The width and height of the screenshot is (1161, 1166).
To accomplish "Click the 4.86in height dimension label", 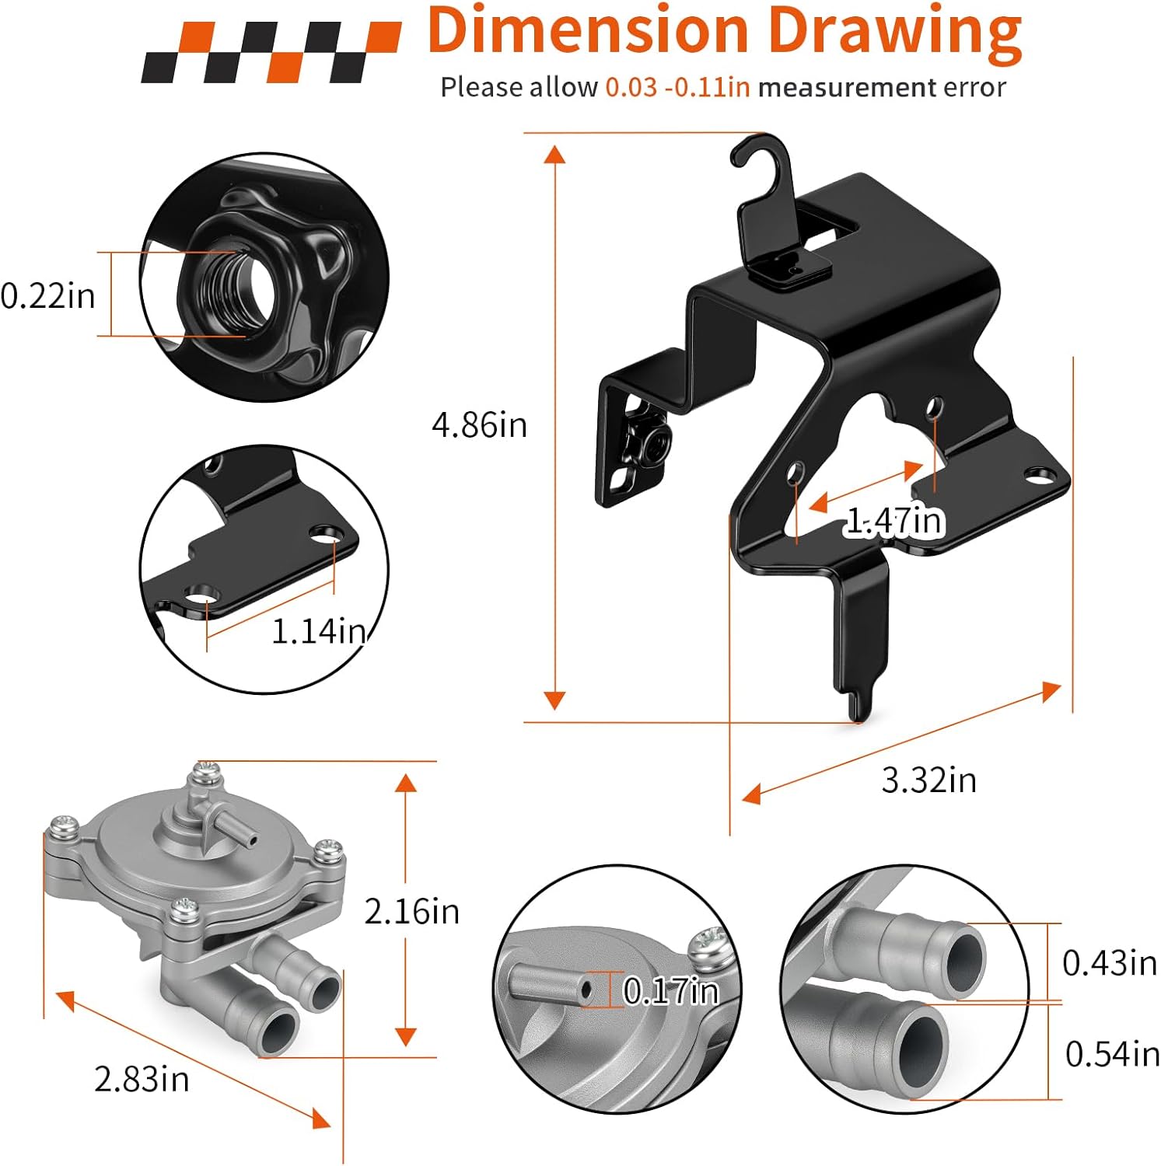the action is point(479,425).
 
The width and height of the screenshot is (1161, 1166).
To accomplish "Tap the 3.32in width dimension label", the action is point(928,780).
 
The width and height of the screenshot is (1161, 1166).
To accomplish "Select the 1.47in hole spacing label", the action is point(894,521).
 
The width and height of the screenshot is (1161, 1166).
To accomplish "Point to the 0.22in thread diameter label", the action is point(47,296).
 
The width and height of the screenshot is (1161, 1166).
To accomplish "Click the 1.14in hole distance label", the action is point(318,631).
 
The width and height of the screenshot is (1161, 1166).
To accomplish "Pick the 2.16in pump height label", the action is point(412,911).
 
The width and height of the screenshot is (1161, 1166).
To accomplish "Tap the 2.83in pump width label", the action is point(142,1079).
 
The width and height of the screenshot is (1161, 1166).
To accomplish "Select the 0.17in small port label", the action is point(671,990).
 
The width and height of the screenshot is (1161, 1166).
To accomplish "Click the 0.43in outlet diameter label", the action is point(1110,963).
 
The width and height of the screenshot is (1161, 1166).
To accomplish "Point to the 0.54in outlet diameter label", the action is point(1113,1054).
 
